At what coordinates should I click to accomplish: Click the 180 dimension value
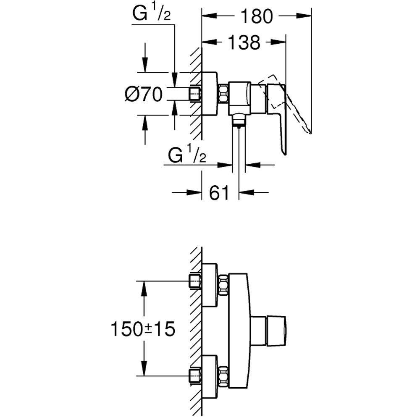tap(256, 16)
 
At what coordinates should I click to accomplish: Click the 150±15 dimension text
tap(142, 329)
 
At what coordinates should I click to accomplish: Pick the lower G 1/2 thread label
tap(187, 156)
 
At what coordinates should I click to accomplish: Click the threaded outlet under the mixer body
tap(239, 121)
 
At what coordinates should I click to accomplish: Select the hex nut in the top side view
tap(223, 94)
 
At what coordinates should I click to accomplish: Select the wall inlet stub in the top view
tap(195, 94)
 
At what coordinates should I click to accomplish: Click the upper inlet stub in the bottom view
tap(195, 281)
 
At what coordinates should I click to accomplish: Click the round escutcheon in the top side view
tap(210, 94)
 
